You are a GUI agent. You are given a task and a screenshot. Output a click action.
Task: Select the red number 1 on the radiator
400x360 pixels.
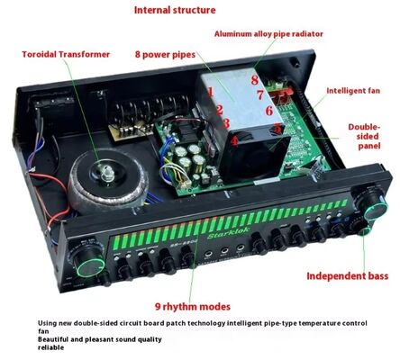click(x=210, y=92)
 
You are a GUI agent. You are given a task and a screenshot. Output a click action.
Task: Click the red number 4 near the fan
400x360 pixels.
click(x=236, y=140)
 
